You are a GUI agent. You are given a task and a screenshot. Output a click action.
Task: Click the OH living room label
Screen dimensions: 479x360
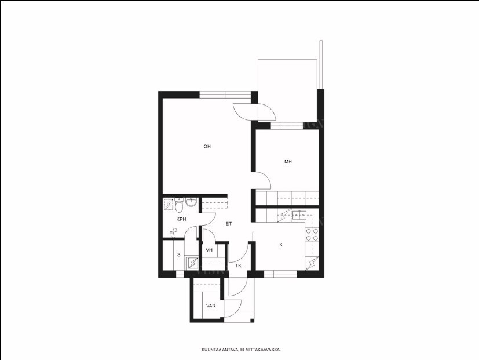pos(207,147)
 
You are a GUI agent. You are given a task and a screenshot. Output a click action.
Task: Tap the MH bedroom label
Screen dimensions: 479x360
pos(288,162)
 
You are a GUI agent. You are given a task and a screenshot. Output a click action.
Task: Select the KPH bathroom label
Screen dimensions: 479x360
pos(181,219)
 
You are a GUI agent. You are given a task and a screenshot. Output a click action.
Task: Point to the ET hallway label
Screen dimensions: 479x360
pos(229,224)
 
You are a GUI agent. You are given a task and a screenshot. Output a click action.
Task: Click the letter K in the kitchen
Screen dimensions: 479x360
pos(281,245)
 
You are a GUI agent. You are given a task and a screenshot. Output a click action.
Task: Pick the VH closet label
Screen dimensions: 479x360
pos(209,250)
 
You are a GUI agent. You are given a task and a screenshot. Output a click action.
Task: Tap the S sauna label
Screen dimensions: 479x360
pos(179,255)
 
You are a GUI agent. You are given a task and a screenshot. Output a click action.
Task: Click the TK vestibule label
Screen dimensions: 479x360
pos(238,266)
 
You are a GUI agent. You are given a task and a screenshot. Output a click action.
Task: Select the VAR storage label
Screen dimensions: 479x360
pos(211,306)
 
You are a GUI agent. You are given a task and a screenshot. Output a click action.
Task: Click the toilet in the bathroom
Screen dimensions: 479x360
pos(179,205)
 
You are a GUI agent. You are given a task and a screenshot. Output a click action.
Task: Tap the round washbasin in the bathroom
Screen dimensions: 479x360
pos(192,202)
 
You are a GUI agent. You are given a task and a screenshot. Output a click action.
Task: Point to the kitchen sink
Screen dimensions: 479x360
pos(299,215)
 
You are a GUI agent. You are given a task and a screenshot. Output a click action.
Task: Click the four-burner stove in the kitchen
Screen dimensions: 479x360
pos(312,235)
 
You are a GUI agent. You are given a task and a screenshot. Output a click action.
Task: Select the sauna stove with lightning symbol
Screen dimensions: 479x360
pos(192,263)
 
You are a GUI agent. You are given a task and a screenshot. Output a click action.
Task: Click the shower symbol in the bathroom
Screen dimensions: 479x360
pos(169,204)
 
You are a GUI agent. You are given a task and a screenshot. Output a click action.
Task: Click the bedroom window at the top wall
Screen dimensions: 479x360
pos(287,126)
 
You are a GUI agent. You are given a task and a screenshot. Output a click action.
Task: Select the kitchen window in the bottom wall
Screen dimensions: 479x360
pos(280,274)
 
